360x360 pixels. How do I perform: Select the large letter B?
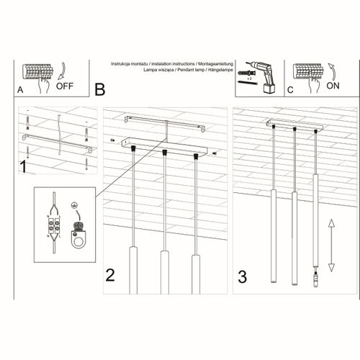(99, 89)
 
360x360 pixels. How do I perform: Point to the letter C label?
(290, 91)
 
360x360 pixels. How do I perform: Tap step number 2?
(110, 274)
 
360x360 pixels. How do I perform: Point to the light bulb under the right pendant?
(315, 276)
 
